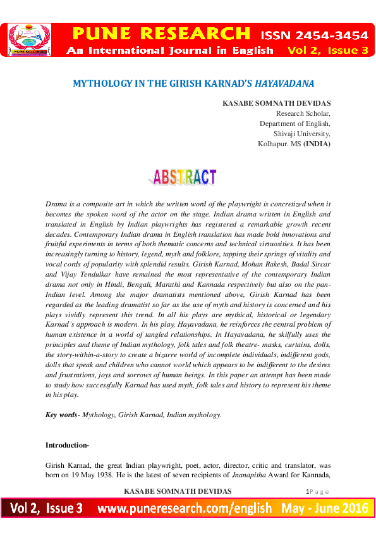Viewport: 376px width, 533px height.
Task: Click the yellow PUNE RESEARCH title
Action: (x=161, y=33)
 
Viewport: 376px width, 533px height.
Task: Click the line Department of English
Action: (x=295, y=123)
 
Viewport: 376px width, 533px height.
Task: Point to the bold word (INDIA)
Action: (x=317, y=144)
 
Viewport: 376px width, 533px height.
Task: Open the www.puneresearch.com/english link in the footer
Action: (x=184, y=508)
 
